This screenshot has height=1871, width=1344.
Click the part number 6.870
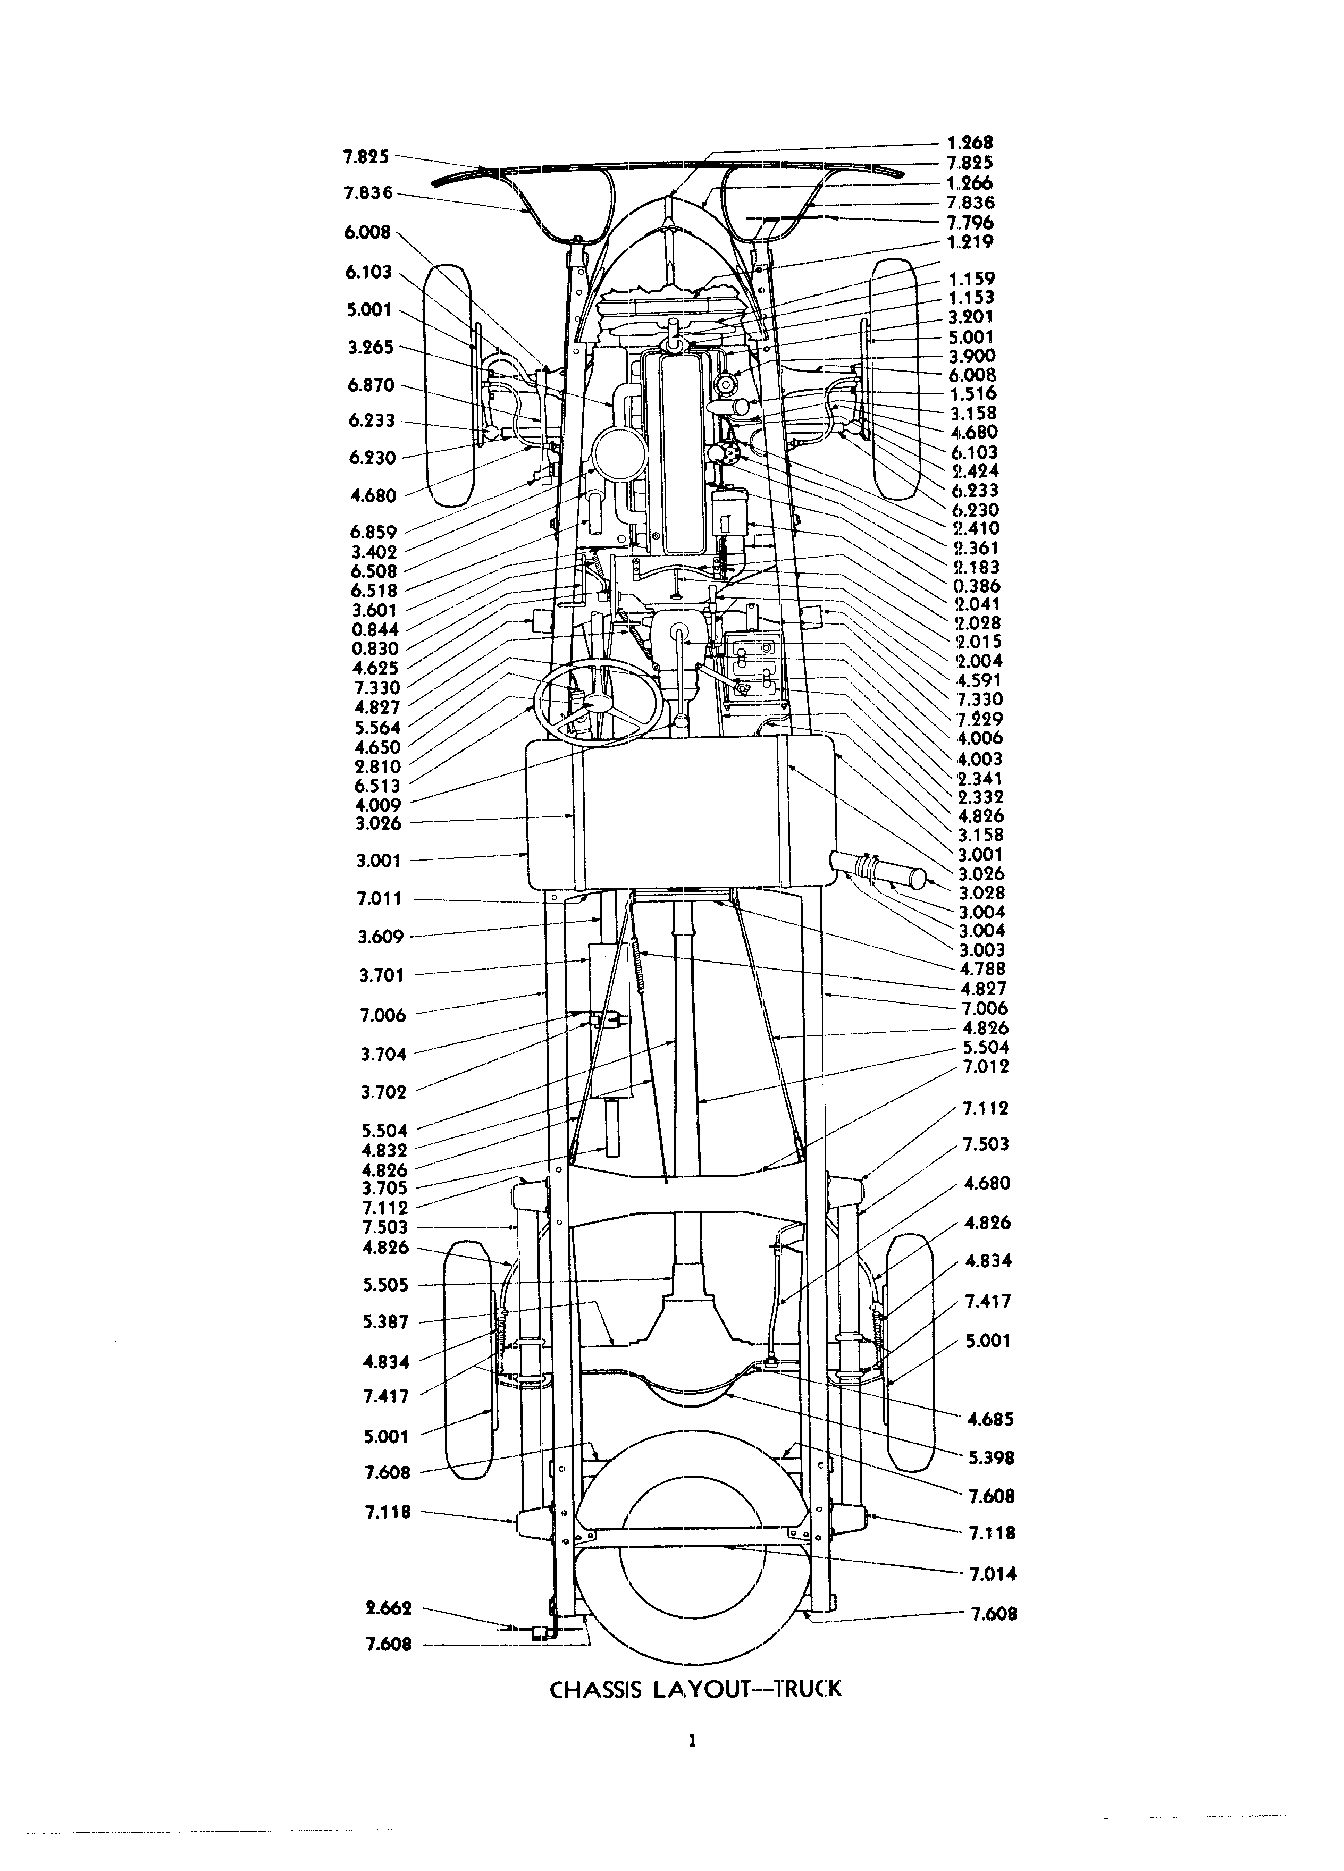[x=371, y=385]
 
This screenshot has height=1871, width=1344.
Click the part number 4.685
[x=990, y=1420]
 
